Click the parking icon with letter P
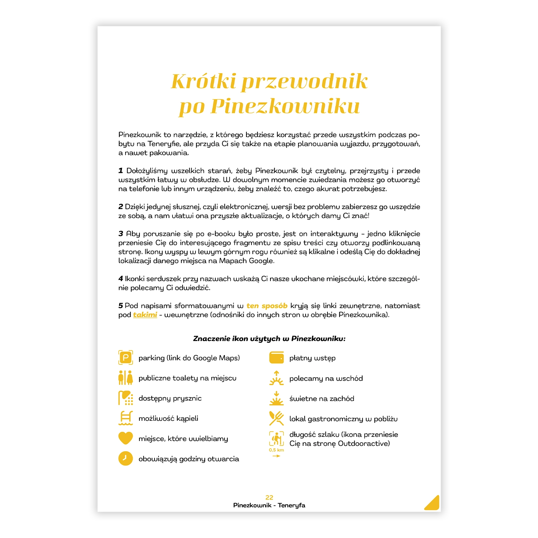pyautogui.click(x=126, y=358)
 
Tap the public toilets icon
pyautogui.click(x=126, y=378)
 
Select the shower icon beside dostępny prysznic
pyautogui.click(x=126, y=398)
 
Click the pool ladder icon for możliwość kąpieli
pyautogui.click(x=126, y=418)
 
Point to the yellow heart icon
pyautogui.click(x=126, y=438)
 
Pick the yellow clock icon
pyautogui.click(x=126, y=458)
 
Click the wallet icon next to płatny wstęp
pyautogui.click(x=277, y=358)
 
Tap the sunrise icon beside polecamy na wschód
pyautogui.click(x=277, y=378)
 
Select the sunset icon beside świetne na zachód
pyautogui.click(x=277, y=398)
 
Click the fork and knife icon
pyautogui.click(x=277, y=418)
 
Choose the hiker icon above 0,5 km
pyautogui.click(x=277, y=439)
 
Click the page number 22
pyautogui.click(x=269, y=497)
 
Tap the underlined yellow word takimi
pyautogui.click(x=145, y=315)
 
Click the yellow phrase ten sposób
pyautogui.click(x=267, y=306)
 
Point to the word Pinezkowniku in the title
pyautogui.click(x=285, y=107)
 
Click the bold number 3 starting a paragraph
pyautogui.click(x=121, y=234)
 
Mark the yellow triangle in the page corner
pyautogui.click(x=433, y=503)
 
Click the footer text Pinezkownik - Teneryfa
pyautogui.click(x=269, y=505)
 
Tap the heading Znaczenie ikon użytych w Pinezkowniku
pyautogui.click(x=269, y=339)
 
